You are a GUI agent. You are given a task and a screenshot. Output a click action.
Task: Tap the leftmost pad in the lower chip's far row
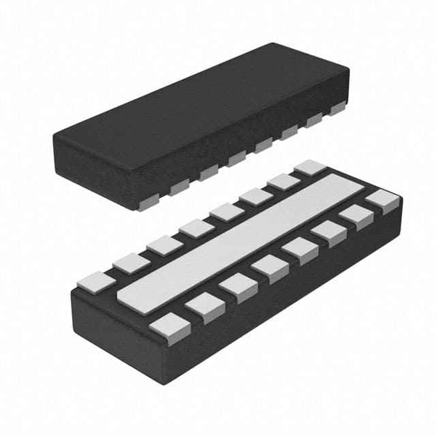tap(95, 280)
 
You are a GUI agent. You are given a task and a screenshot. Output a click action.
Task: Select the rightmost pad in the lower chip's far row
tap(311, 167)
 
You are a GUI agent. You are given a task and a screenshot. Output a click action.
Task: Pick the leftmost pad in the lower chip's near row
tap(169, 326)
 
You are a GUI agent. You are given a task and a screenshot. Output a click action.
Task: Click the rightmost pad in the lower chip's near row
tap(382, 200)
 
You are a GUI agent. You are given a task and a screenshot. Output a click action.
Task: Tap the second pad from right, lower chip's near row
tap(356, 216)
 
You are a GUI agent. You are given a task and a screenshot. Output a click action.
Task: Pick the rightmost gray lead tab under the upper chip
tap(338, 108)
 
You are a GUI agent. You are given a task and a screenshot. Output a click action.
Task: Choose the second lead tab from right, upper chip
tap(314, 120)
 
